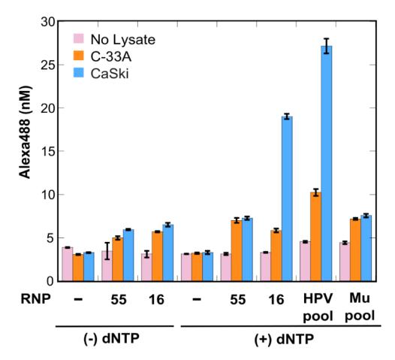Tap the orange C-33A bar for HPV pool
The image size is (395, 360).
(315, 237)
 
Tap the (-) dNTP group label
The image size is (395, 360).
(116, 338)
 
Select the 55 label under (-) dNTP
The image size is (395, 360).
(118, 298)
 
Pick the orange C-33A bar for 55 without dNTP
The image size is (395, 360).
(117, 259)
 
